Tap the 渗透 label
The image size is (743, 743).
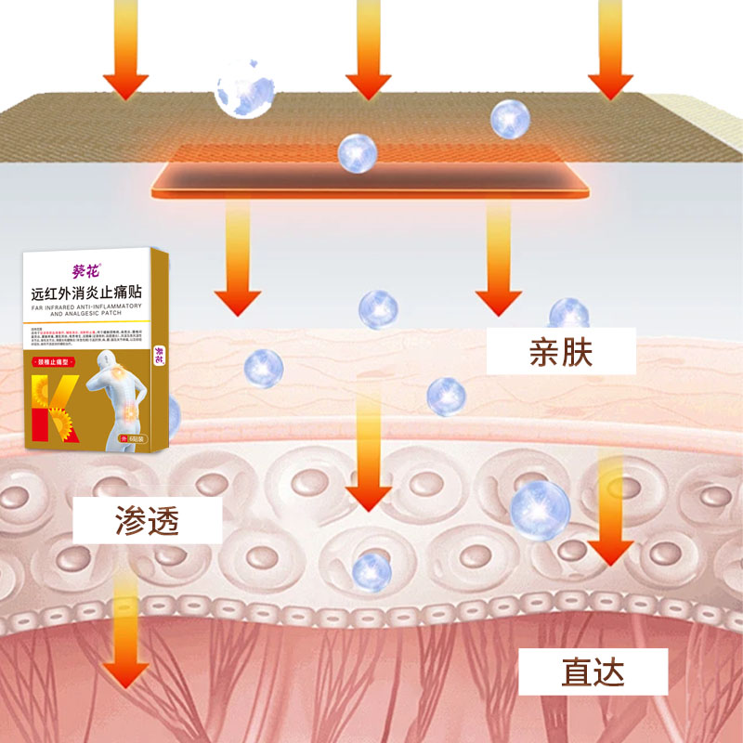[x=149, y=520]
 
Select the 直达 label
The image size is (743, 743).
[x=593, y=671]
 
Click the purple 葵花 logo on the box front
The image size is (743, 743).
[x=85, y=272]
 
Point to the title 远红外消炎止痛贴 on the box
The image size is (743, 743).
[x=86, y=293]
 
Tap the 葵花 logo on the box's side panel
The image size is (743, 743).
[x=160, y=355]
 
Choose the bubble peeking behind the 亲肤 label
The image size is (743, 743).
[x=569, y=313]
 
